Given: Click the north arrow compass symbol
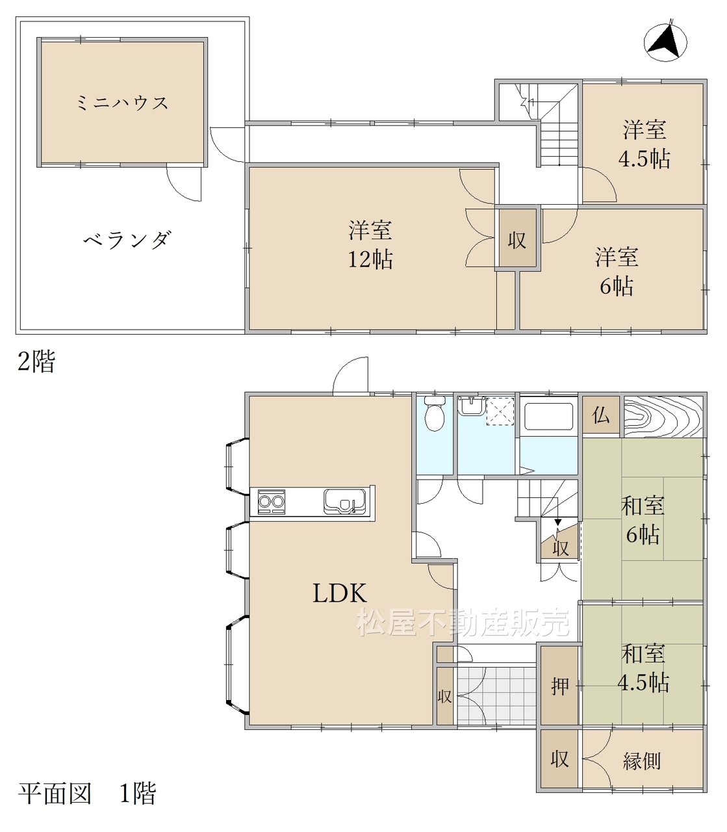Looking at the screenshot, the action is (x=665, y=42).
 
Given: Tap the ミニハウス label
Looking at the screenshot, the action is (x=122, y=103).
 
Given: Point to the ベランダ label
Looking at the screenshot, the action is (x=127, y=240).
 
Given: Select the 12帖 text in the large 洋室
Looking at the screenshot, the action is (x=370, y=259).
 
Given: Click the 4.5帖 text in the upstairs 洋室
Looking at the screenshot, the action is (x=644, y=159).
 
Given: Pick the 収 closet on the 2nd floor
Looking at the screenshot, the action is (x=517, y=240).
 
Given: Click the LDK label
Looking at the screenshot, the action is (x=340, y=593).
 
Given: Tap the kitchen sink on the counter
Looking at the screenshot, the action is (x=344, y=501).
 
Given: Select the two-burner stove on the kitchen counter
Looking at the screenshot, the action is (x=271, y=502).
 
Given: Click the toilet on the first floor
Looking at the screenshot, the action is (x=435, y=413).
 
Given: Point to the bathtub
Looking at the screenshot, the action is (x=548, y=417).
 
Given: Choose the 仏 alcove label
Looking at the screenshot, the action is (x=600, y=415).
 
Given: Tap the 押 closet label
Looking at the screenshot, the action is (x=560, y=686).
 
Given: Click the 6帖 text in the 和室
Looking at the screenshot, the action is (x=642, y=535).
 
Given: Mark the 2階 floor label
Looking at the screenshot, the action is (x=36, y=361).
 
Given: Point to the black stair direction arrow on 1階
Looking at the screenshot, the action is (x=557, y=522).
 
